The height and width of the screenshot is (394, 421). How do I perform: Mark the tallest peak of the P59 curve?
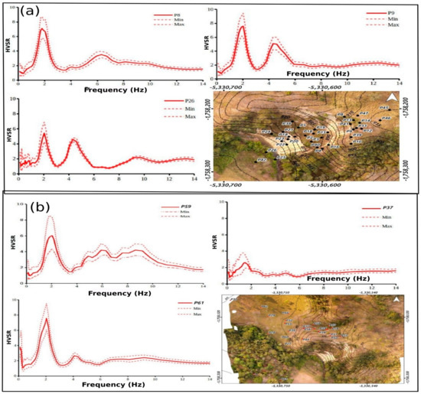coord(51,236)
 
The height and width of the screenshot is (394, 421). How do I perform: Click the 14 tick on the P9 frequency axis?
coord(399,80)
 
